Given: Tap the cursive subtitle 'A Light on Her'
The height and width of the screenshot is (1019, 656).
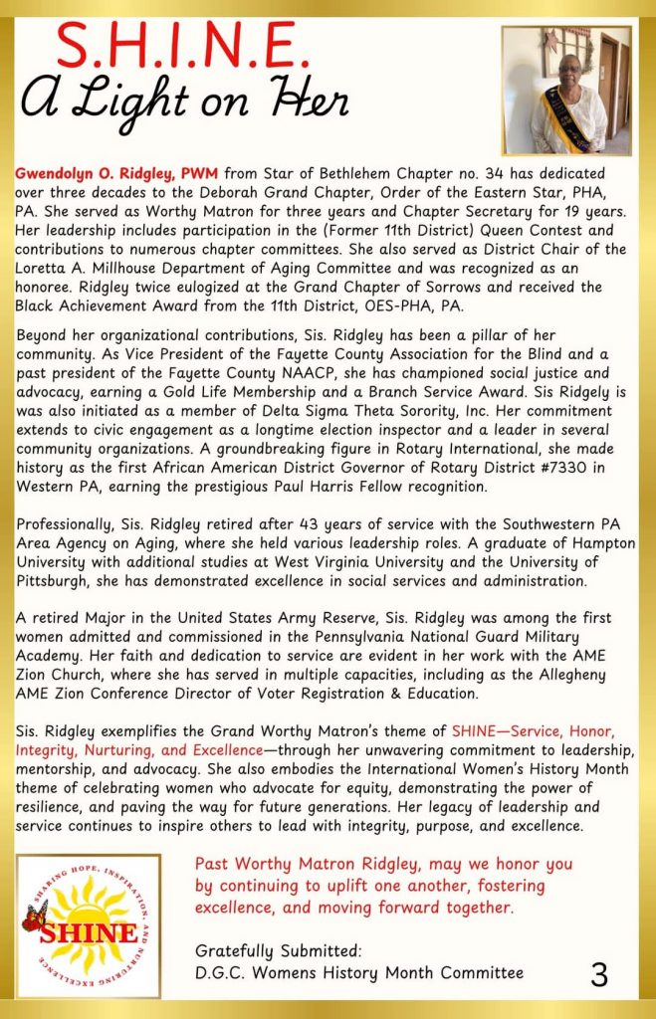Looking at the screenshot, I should pyautogui.click(x=185, y=101).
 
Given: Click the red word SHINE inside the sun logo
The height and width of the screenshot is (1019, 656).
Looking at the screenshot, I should pyautogui.click(x=90, y=933).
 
